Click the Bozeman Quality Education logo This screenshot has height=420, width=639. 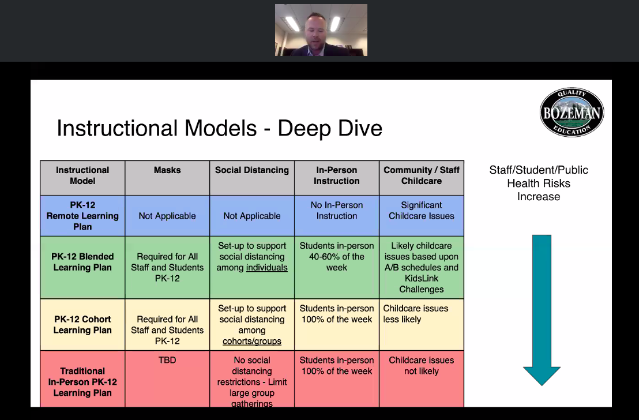571,113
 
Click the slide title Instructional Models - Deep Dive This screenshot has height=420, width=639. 219,127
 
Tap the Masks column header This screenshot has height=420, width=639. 167,170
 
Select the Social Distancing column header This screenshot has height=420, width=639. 252,170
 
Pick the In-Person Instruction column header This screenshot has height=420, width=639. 337,175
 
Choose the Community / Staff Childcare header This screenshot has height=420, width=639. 422,175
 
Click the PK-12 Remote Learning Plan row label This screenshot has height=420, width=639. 82,216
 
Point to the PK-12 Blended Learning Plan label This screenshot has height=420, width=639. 82,262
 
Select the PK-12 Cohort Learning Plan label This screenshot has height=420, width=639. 82,325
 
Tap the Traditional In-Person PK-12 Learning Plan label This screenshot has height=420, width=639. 82,382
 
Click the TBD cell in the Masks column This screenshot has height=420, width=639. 167,360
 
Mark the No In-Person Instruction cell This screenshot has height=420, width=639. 337,211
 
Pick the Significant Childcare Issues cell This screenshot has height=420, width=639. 422,211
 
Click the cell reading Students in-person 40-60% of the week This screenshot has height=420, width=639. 337,256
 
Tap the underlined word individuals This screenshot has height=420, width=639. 266,268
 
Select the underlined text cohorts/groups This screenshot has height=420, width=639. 252,341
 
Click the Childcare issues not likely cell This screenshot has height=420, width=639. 422,365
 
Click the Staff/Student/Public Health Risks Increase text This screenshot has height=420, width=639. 539,183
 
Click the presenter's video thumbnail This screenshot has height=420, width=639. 321,30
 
